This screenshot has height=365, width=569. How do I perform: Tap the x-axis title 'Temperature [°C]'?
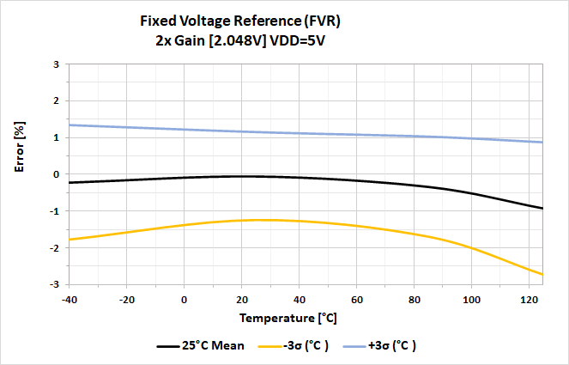(x=288, y=318)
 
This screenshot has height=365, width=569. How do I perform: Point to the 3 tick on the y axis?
(x=56, y=64)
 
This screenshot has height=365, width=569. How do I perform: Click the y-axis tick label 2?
(x=56, y=101)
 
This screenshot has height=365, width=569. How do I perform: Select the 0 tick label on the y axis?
(x=56, y=174)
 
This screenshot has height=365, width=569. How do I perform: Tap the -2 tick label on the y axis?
(x=53, y=247)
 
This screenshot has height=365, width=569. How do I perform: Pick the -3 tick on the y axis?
(x=53, y=284)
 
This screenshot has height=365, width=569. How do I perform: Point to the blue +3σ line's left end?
(x=70, y=125)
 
